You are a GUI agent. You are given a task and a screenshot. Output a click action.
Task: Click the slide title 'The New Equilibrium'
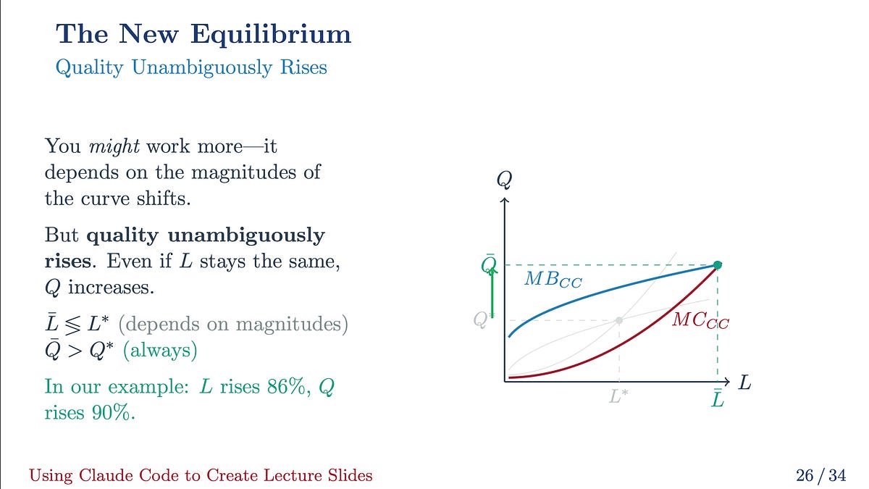click(x=203, y=34)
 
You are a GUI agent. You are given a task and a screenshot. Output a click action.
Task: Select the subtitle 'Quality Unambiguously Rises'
click(x=191, y=68)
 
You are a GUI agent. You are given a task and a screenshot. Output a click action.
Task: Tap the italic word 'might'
click(x=114, y=146)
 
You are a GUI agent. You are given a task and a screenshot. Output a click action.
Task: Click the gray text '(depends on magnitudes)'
click(x=233, y=324)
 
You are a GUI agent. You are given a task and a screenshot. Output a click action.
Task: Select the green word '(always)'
click(x=160, y=351)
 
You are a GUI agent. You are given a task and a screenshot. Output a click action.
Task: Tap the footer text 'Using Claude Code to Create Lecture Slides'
click(x=201, y=476)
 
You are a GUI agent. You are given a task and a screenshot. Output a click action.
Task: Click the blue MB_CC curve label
click(x=553, y=280)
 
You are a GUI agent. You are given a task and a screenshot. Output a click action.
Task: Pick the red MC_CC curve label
click(x=700, y=319)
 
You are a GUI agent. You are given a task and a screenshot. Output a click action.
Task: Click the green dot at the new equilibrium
click(x=718, y=264)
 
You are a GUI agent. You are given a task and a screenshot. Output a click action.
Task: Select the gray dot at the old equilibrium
click(x=619, y=319)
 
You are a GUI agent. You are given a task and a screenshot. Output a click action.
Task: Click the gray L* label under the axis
click(x=618, y=396)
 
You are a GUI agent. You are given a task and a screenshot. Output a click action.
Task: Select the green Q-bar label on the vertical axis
click(x=489, y=264)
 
